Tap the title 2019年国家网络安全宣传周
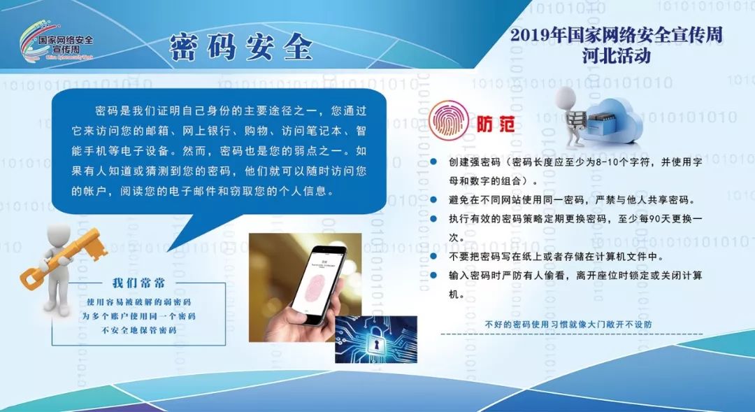click(616, 34)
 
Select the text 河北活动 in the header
click(616, 56)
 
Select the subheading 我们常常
click(138, 283)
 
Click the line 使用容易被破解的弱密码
click(139, 302)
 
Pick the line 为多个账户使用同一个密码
click(139, 316)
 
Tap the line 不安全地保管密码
click(139, 330)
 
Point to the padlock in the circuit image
click(375, 341)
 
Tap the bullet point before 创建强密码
click(435, 162)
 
